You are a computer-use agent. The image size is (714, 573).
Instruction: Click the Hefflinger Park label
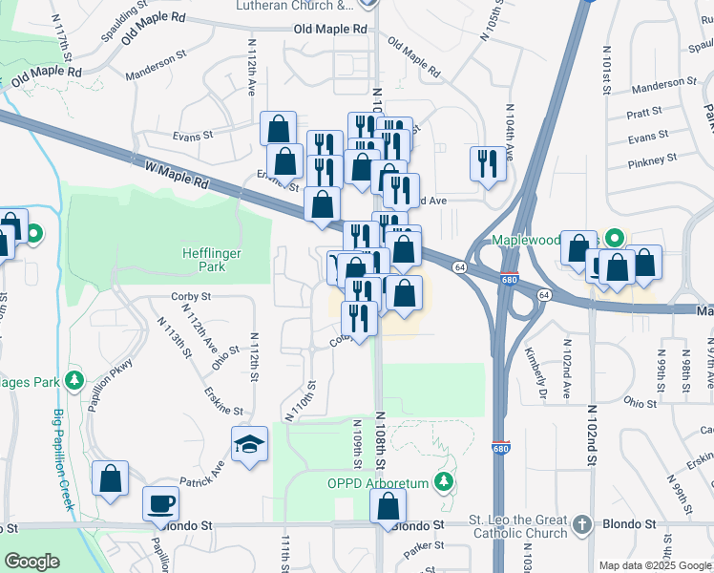(x=204, y=260)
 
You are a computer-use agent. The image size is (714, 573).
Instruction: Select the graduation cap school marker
(x=249, y=445)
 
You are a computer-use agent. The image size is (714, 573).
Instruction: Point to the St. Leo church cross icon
(x=581, y=524)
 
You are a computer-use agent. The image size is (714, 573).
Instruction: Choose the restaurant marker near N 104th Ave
(x=488, y=162)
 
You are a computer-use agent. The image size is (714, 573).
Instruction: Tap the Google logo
(x=31, y=562)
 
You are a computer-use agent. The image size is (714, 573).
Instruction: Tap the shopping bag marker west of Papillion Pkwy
(x=110, y=478)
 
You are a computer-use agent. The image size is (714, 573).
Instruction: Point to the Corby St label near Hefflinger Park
(x=191, y=296)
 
